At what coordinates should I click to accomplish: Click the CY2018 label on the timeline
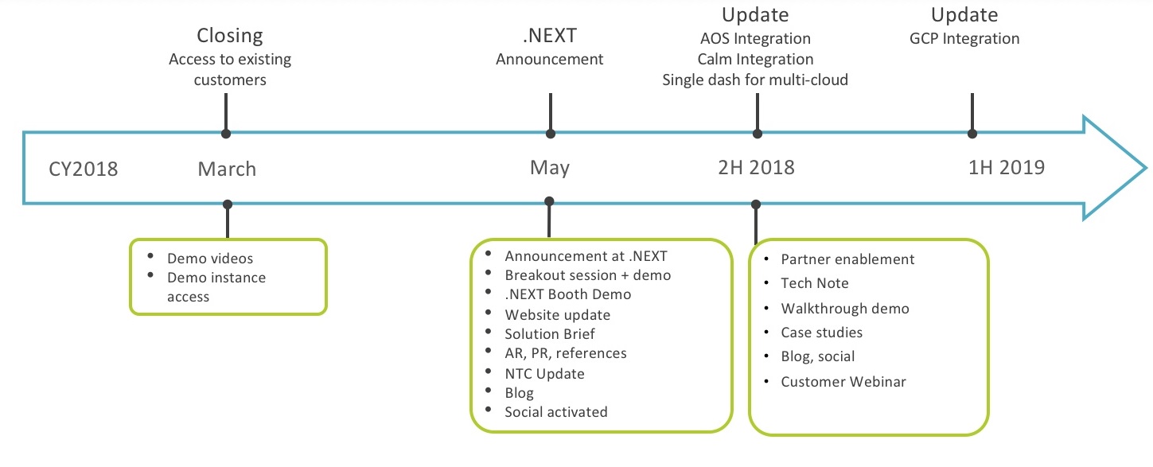[84, 169]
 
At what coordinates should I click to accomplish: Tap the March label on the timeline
[227, 169]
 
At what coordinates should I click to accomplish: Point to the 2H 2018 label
[756, 167]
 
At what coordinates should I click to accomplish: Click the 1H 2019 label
[1007, 167]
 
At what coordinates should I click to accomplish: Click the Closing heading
[230, 36]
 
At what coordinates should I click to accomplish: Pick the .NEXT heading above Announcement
[550, 35]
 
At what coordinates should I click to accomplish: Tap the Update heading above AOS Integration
[755, 15]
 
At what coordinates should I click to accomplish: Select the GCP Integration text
[964, 39]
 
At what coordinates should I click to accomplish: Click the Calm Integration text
[755, 59]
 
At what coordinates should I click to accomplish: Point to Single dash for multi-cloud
[755, 80]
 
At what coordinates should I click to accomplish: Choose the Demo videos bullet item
[210, 258]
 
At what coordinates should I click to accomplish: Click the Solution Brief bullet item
[549, 333]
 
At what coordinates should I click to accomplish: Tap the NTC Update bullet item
[544, 373]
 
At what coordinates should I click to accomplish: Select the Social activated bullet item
[556, 412]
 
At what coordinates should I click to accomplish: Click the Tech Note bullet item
[814, 282]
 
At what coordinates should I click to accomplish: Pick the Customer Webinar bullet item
[843, 382]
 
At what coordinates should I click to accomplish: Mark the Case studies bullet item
[821, 332]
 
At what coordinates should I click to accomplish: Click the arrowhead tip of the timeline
[1146, 168]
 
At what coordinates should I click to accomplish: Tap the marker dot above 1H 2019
[972, 134]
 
